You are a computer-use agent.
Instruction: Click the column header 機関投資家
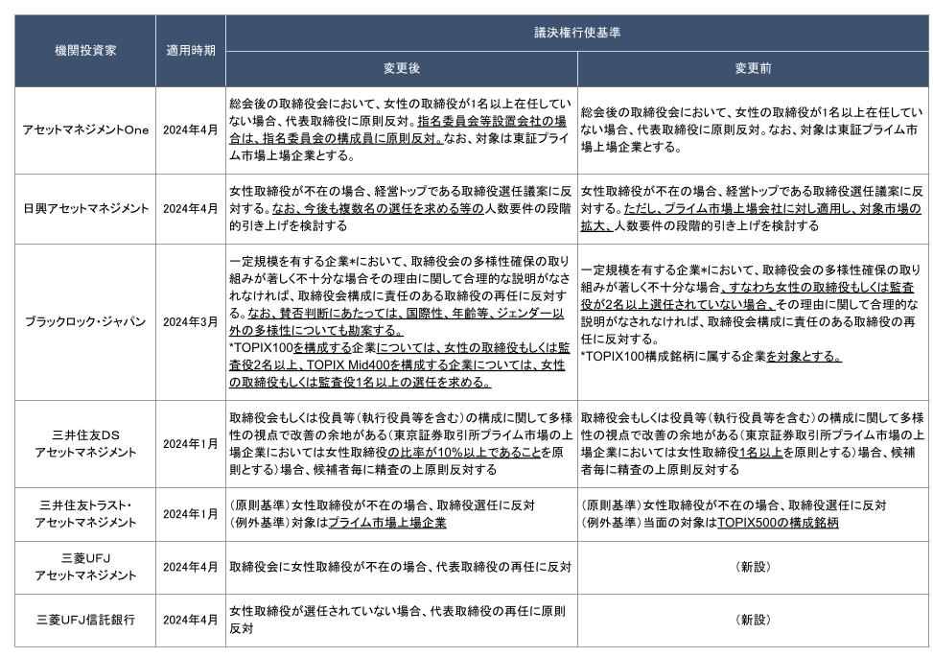(84, 50)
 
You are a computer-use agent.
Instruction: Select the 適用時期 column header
(190, 50)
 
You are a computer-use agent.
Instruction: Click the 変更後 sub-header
(402, 69)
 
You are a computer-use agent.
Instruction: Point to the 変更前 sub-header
(753, 69)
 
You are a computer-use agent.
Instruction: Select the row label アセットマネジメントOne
(84, 129)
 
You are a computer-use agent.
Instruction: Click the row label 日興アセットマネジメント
(84, 208)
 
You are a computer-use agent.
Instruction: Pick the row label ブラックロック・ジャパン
(84, 321)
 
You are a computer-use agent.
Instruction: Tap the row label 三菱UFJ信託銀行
(84, 620)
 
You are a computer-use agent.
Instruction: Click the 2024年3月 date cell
(190, 321)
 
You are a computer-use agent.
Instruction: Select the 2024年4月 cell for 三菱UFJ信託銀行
(190, 620)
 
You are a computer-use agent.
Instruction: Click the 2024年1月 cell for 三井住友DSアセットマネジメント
(190, 443)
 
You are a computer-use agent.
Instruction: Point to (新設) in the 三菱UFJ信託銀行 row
(753, 620)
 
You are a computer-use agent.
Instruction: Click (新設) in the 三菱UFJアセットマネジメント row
(753, 567)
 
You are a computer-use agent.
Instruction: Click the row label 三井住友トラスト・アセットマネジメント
(84, 514)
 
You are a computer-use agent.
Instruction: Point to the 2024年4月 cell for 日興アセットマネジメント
(190, 208)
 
